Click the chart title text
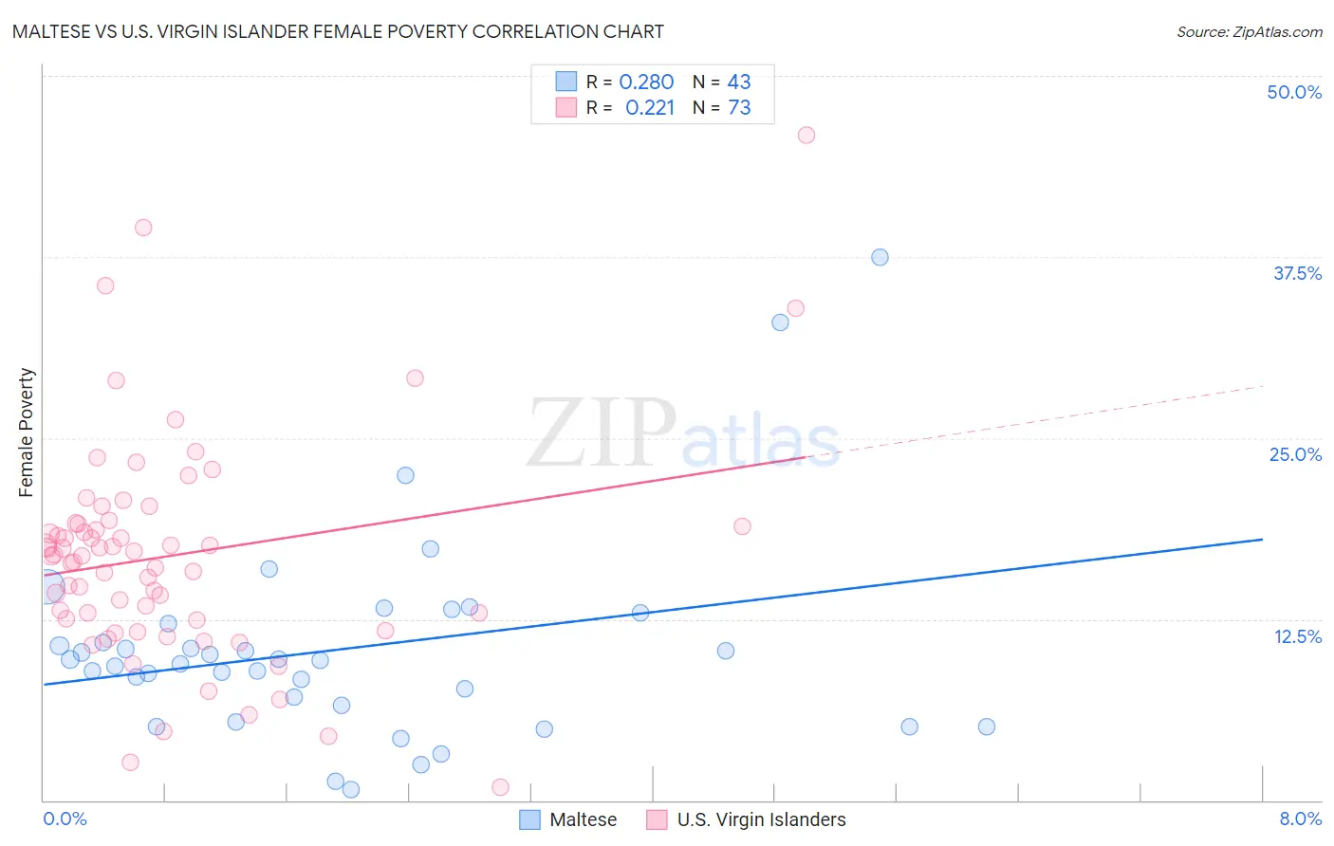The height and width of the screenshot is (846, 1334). coord(338,31)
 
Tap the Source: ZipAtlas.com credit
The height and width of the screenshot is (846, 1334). coord(1249,31)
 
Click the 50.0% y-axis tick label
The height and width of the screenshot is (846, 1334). coord(1293,92)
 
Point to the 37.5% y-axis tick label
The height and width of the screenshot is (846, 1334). coord(1296,273)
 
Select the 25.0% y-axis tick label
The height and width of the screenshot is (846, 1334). coord(1294,454)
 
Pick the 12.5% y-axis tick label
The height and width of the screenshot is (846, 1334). coord(1296,636)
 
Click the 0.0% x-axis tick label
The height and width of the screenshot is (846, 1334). coord(65,818)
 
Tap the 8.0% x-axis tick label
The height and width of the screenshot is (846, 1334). coord(1300,818)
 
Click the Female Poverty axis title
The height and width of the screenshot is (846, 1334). coord(27,432)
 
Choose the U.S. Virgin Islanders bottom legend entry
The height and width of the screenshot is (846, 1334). coord(747,819)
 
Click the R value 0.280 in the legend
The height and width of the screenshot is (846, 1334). coord(646,83)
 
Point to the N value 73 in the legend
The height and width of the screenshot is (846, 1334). coord(739,108)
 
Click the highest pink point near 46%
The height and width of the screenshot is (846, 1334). coord(806,135)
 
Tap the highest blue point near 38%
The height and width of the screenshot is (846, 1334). coord(880,257)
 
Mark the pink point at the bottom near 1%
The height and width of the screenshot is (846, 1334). coord(500,787)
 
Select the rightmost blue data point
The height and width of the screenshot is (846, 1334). coord(987,726)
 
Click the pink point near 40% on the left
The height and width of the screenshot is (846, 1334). coord(143,228)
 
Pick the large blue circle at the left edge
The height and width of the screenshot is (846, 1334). coord(47,588)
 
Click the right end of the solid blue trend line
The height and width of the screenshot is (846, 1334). coord(1262,539)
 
